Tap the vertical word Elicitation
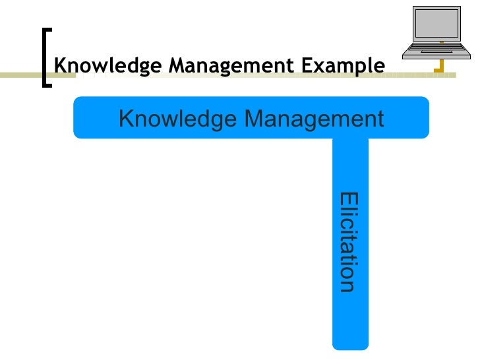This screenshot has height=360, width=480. click(347, 241)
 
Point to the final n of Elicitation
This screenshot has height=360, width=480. click(347, 285)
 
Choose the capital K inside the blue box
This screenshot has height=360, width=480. click(126, 119)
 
